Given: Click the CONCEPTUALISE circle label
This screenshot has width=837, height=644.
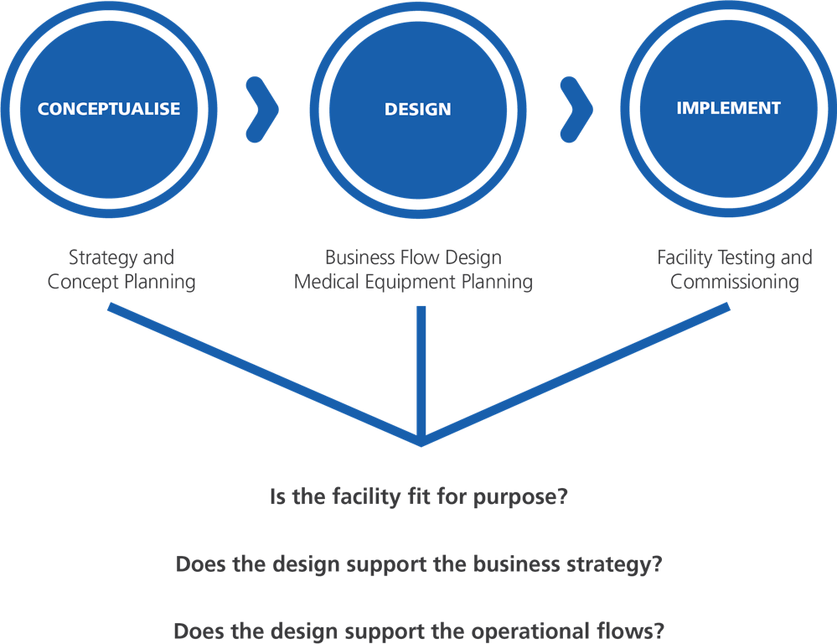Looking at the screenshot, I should pyautogui.click(x=109, y=109).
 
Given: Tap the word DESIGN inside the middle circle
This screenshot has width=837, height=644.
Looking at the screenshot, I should pyautogui.click(x=417, y=110).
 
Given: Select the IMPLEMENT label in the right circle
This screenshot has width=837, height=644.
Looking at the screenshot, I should pyautogui.click(x=728, y=108).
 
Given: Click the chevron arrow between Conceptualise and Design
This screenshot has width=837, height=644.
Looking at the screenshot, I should pyautogui.click(x=261, y=109).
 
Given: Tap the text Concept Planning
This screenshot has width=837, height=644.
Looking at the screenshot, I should pyautogui.click(x=121, y=282).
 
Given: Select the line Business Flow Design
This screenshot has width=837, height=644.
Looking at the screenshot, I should pyautogui.click(x=413, y=257).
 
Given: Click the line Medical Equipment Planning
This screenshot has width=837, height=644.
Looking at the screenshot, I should pyautogui.click(x=413, y=282).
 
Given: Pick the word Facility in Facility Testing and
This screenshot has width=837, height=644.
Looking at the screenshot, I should pyautogui.click(x=683, y=257).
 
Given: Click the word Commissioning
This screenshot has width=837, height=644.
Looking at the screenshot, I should pyautogui.click(x=734, y=282).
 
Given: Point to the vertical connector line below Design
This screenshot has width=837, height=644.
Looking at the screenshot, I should pyautogui.click(x=421, y=369).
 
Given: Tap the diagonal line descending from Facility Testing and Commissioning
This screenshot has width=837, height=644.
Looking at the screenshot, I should pyautogui.click(x=578, y=372).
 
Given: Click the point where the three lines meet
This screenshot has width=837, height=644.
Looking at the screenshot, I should pyautogui.click(x=421, y=439).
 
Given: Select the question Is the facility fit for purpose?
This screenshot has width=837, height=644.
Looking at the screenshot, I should pyautogui.click(x=419, y=497).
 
